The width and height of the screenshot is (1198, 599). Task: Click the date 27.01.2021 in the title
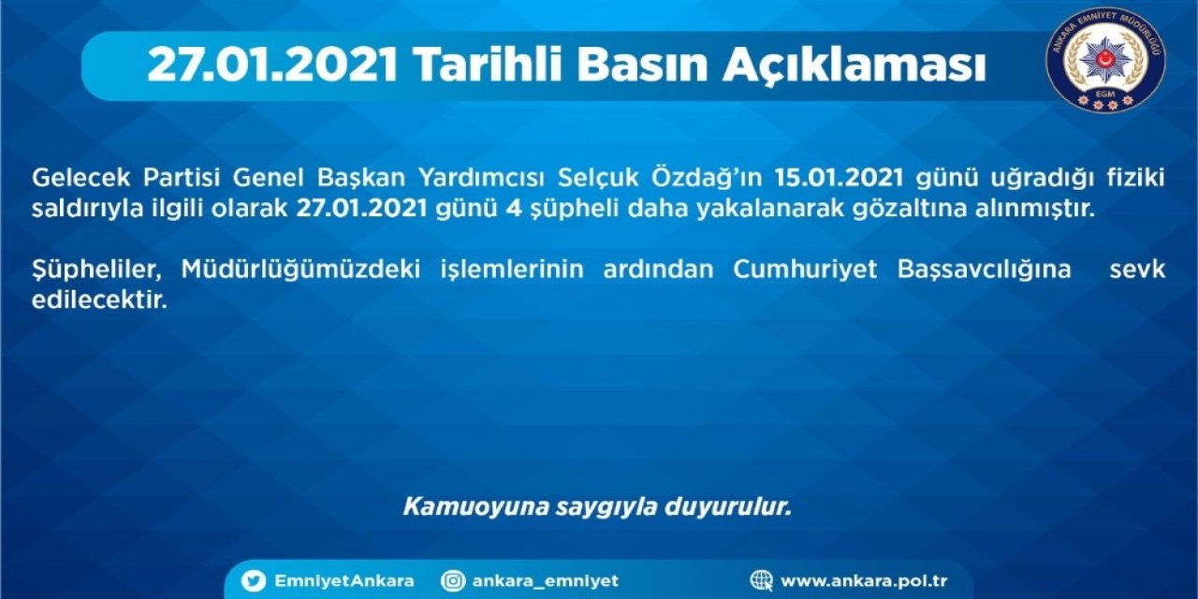(272, 66)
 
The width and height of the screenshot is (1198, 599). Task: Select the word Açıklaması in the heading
(855, 65)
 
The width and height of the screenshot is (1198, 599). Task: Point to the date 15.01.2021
(838, 178)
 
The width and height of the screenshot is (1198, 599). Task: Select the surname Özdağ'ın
(706, 178)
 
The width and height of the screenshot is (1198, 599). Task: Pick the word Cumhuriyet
(805, 270)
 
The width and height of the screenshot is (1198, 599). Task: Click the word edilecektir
(99, 300)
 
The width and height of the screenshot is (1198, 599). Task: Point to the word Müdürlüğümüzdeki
(300, 269)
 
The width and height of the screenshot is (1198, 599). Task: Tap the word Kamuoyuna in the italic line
(476, 507)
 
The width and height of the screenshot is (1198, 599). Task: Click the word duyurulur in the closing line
(728, 507)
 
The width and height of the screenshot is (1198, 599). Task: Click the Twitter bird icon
(254, 581)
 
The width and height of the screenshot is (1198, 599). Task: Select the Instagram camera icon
(454, 581)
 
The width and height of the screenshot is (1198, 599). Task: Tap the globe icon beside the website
(761, 581)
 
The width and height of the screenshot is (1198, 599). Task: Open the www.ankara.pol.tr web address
(864, 581)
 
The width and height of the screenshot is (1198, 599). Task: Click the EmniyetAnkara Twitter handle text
(343, 581)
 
